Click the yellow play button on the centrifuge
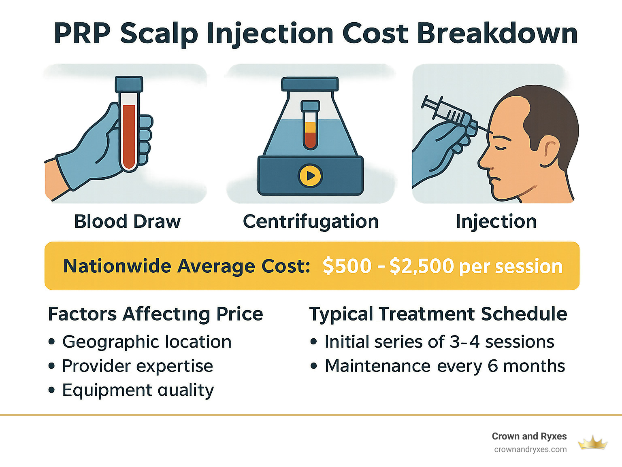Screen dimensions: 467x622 pos(310,176)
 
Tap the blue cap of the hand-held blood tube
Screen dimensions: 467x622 pos(129,84)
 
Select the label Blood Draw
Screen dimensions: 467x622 pos(127,222)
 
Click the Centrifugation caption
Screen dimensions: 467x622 pos(311,222)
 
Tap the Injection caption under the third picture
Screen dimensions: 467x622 pos(496,222)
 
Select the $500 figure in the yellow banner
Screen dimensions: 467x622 pos(347,266)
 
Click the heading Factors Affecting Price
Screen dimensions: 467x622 pos(155,314)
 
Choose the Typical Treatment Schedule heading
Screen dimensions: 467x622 pos(438,314)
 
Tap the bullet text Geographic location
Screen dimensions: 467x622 pos(147,342)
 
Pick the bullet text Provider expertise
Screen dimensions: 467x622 pos(137,366)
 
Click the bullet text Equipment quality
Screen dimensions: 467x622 pos(138,390)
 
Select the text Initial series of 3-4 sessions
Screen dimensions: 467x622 pos(439,342)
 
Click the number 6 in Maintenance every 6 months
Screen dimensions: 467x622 pos(493,366)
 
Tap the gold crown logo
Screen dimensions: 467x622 pos(592,443)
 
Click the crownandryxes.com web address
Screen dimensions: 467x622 pos(530,450)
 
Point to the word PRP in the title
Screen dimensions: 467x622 pos(82,34)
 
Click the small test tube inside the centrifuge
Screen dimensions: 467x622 pos(310,125)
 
